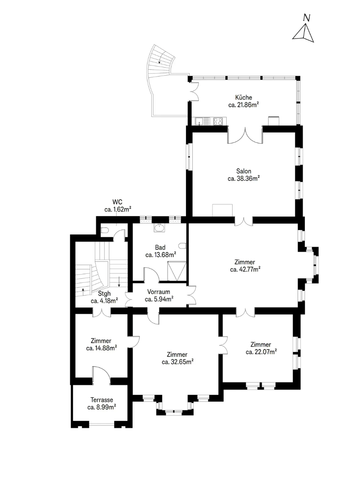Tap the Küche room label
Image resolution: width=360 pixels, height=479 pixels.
[x=244, y=98]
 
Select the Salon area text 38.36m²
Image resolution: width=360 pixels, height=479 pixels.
[x=244, y=178]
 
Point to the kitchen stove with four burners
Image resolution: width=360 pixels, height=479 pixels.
[x=218, y=121]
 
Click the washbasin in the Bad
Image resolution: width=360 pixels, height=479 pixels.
[x=159, y=228]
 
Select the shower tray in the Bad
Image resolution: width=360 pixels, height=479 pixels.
[x=177, y=271]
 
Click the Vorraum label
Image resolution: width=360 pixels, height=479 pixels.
[x=159, y=292]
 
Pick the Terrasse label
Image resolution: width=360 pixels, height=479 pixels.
[x=102, y=399]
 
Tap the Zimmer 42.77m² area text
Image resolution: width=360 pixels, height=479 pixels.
[x=245, y=269]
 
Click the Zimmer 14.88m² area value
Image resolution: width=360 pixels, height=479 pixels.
[x=101, y=348]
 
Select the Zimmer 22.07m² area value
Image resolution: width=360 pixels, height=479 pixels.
[x=261, y=352]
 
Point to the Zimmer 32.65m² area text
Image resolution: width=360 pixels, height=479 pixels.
[x=177, y=362]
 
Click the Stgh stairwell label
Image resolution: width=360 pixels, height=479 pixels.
[x=104, y=293]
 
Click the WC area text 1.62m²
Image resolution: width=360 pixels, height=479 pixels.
[x=118, y=210]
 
